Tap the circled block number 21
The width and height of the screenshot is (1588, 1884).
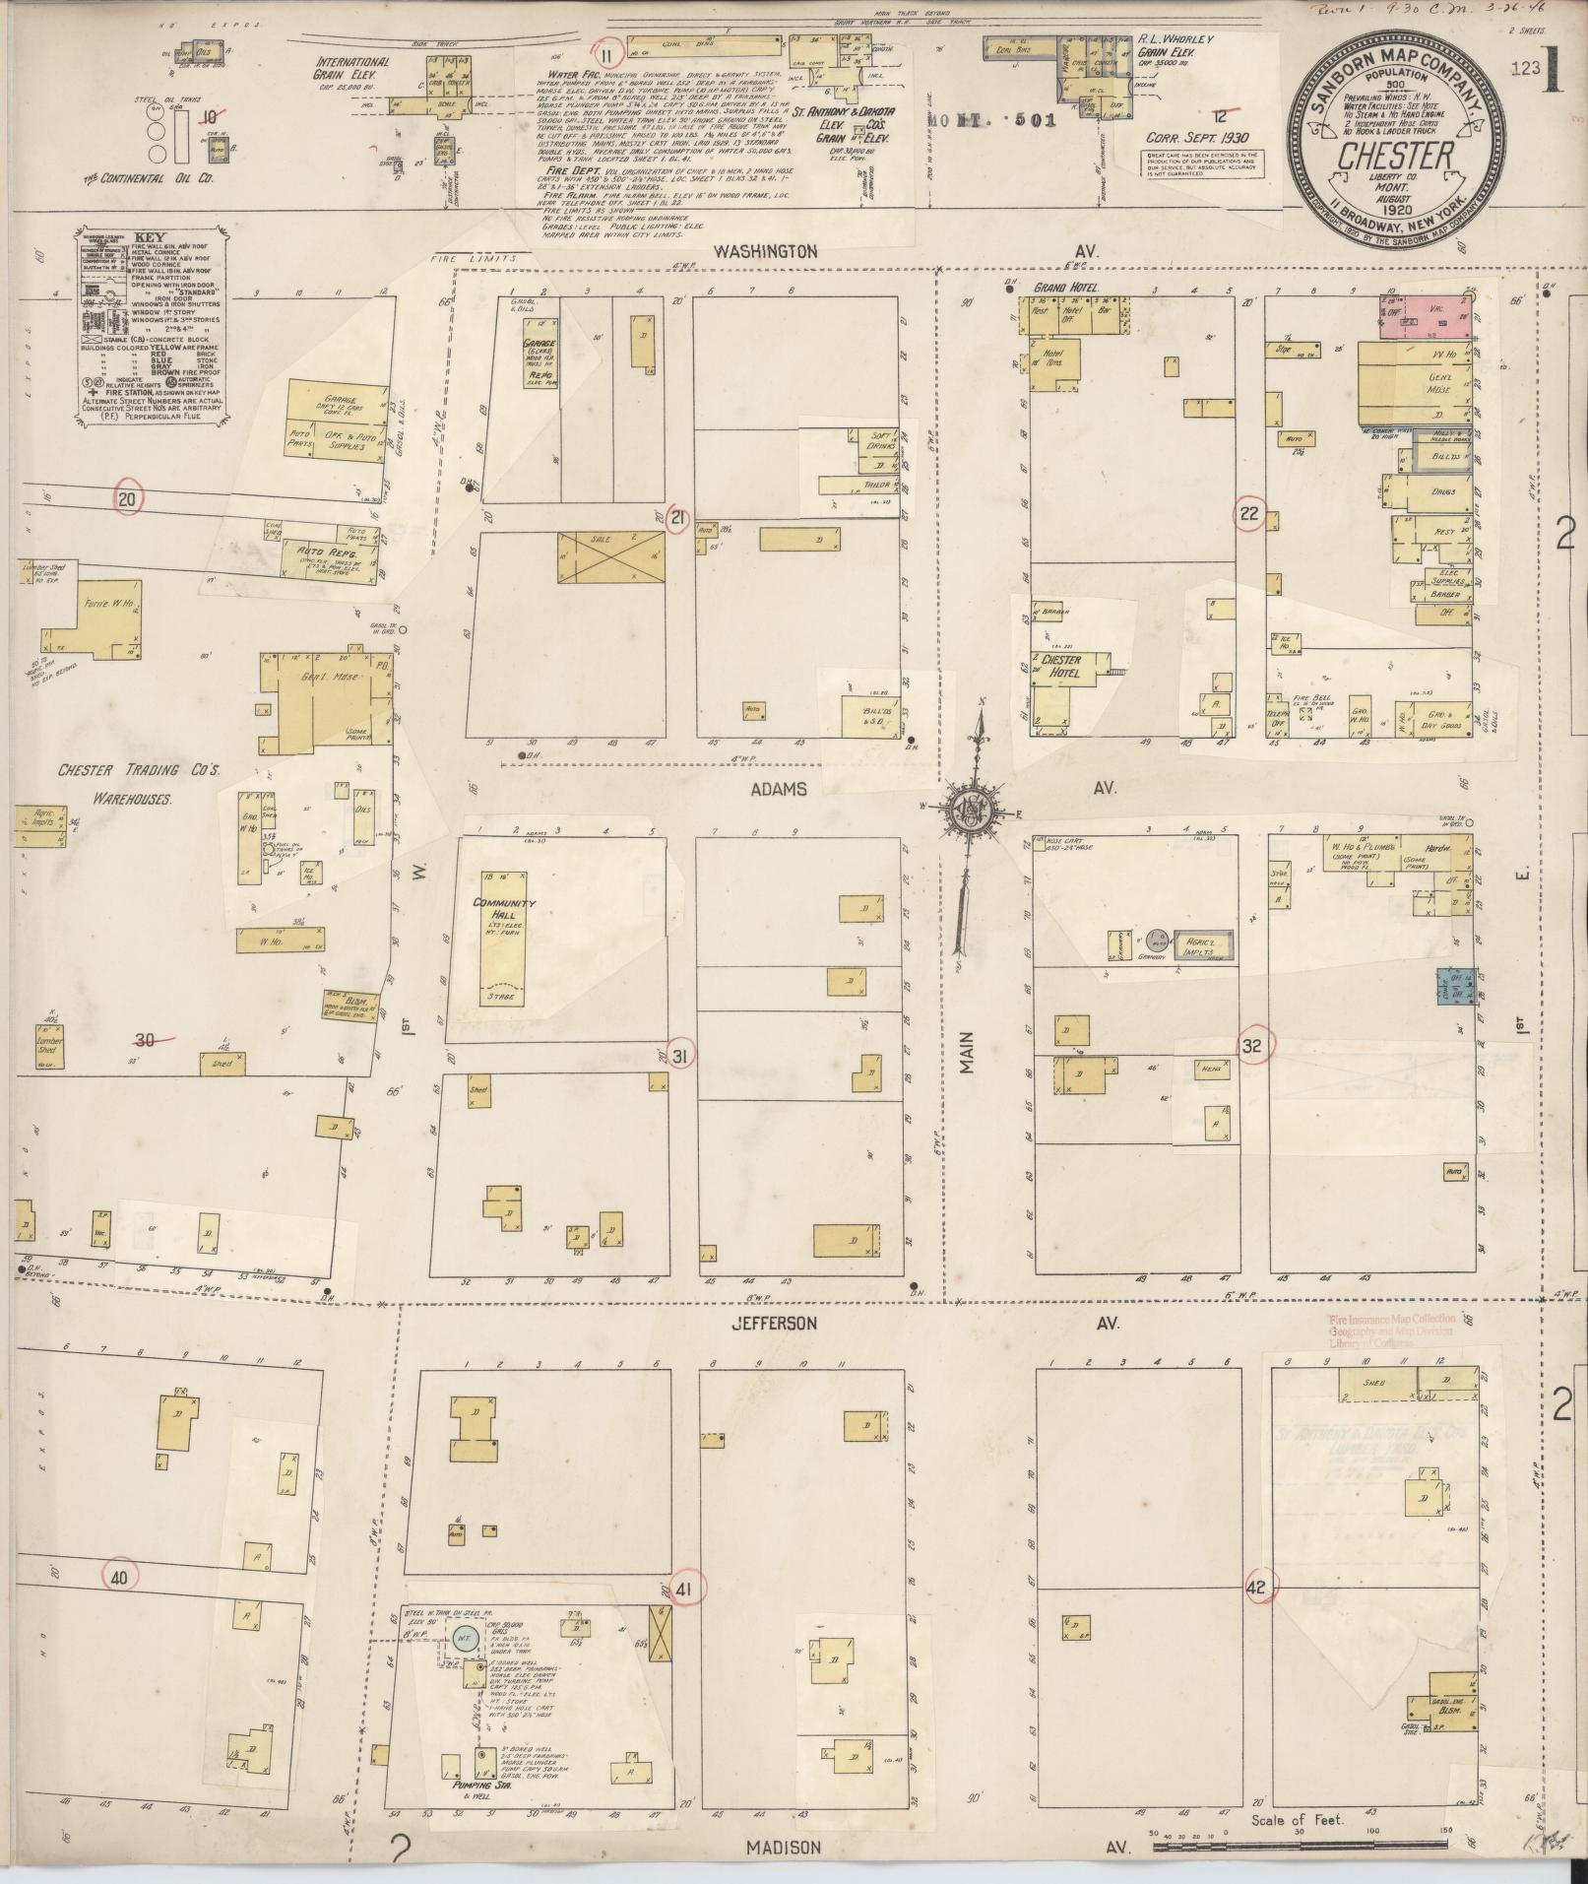676,519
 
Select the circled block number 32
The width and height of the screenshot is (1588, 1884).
1251,1047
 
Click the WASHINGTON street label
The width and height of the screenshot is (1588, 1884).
766,251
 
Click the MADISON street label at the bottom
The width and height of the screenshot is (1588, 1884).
784,1848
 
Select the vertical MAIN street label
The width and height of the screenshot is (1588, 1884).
965,1052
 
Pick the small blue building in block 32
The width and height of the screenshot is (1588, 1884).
1454,986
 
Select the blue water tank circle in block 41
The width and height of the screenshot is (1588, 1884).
465,1640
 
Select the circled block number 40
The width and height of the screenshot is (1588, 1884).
119,1577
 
